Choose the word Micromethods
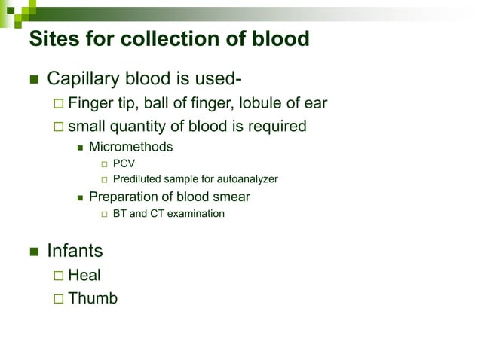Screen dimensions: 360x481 pos(130,147)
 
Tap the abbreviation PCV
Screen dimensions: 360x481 pos(124,163)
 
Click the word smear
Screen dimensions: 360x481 pos(230,197)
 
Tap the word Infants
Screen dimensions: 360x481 pos(75,250)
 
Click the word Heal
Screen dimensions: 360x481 pos(84,276)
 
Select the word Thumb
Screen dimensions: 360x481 pos(93,298)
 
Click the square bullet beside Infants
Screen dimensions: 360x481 pos(33,251)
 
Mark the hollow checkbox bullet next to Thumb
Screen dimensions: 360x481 pos(59,299)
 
